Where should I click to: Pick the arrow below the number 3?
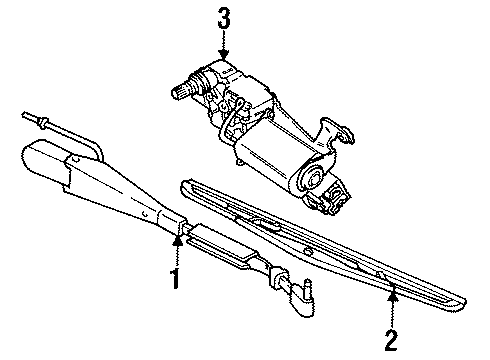click(221, 45)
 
